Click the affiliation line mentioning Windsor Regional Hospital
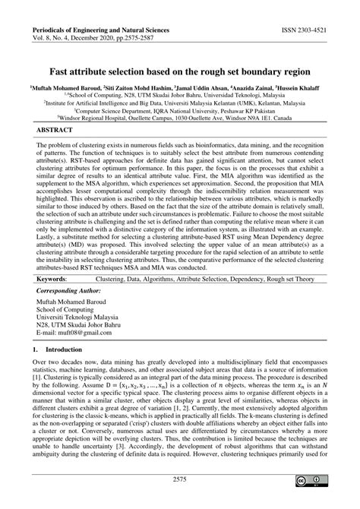[x=179, y=119]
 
